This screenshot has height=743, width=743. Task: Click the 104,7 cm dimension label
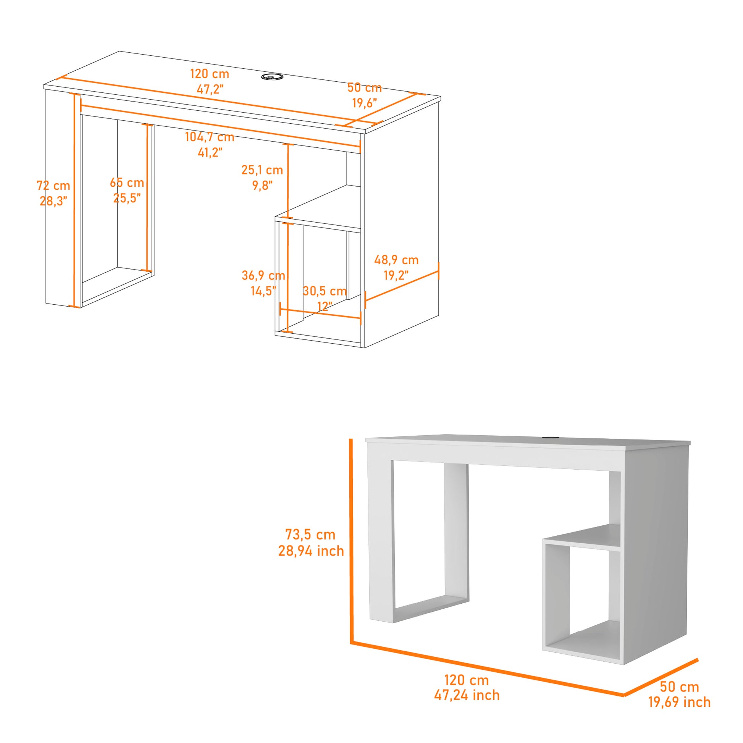tap(210, 137)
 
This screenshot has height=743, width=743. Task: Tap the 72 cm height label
tap(53, 186)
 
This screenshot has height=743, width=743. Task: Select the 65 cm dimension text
tap(127, 183)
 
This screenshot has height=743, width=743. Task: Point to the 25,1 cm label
tap(262, 170)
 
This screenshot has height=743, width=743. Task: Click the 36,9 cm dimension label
tap(263, 275)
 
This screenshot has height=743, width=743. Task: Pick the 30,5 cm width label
tap(325, 291)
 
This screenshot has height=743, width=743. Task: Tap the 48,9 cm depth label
tap(396, 260)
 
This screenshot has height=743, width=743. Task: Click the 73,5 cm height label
tap(310, 535)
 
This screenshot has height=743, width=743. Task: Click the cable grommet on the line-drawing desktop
tap(272, 77)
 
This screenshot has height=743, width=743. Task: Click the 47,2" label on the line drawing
tap(210, 89)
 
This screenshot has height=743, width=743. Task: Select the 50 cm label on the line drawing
tap(364, 88)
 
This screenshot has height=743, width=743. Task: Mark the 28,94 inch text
tap(311, 551)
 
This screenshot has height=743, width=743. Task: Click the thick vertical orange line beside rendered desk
tap(351, 538)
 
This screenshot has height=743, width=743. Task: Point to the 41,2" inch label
tap(210, 152)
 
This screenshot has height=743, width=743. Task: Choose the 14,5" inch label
tap(263, 291)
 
